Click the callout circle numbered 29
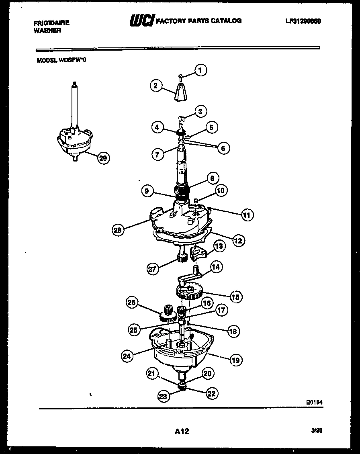(103, 158)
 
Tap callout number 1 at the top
(200, 70)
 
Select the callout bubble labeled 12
(237, 240)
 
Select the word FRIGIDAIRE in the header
(51, 23)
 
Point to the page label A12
(182, 432)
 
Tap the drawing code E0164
(314, 401)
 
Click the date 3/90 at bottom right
(317, 430)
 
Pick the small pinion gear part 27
(182, 258)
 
